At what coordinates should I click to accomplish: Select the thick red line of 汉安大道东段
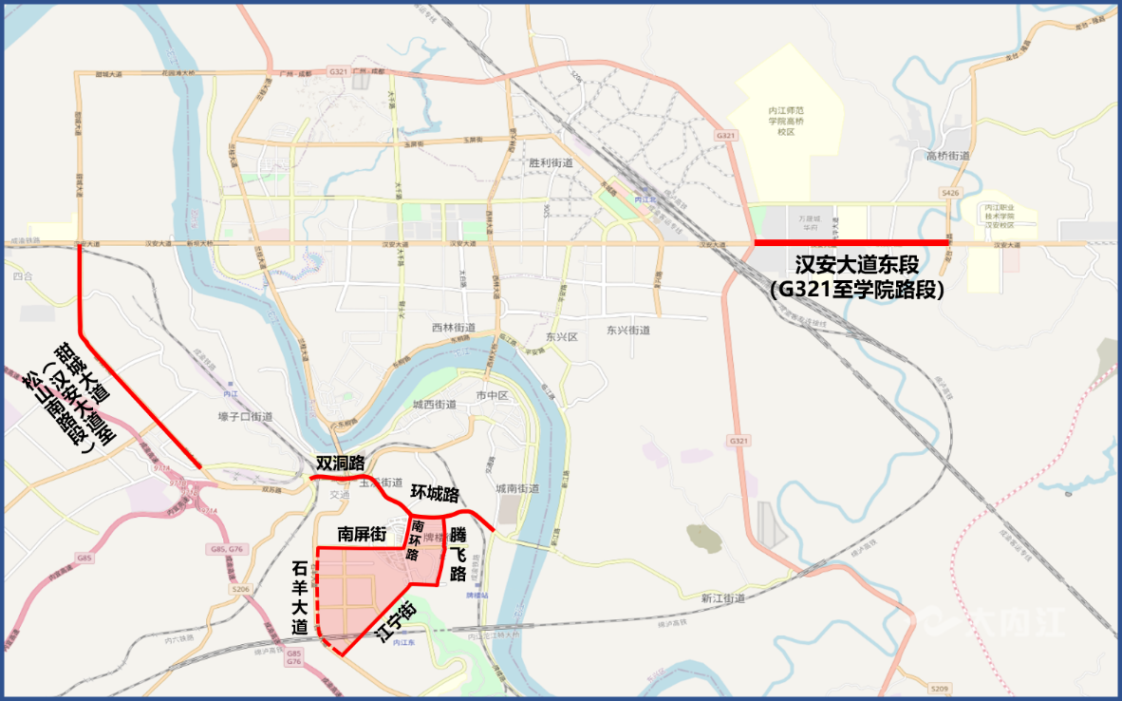(x=851, y=243)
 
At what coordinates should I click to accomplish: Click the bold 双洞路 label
(x=340, y=464)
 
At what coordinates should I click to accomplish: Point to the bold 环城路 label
(x=435, y=494)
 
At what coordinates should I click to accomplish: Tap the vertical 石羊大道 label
(x=300, y=597)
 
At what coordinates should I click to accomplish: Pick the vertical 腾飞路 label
(x=458, y=554)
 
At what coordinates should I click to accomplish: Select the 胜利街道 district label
(x=551, y=162)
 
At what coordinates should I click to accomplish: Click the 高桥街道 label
(x=946, y=156)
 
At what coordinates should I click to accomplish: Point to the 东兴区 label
(x=562, y=337)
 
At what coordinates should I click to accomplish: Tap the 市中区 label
(x=494, y=393)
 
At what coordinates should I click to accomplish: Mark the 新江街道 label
(x=723, y=598)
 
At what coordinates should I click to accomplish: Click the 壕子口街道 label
(x=245, y=416)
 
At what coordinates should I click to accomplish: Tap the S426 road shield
(x=950, y=193)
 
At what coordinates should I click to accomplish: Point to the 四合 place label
(x=23, y=276)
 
